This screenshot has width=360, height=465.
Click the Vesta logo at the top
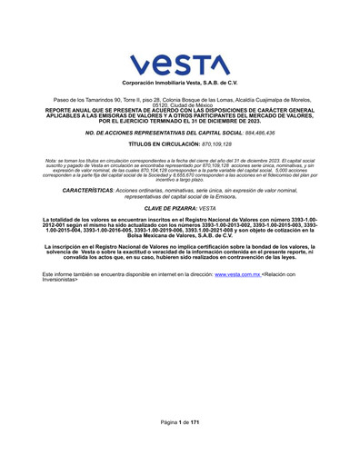(180, 64)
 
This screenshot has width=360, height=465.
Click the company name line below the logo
(179, 83)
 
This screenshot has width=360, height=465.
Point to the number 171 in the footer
(194, 423)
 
